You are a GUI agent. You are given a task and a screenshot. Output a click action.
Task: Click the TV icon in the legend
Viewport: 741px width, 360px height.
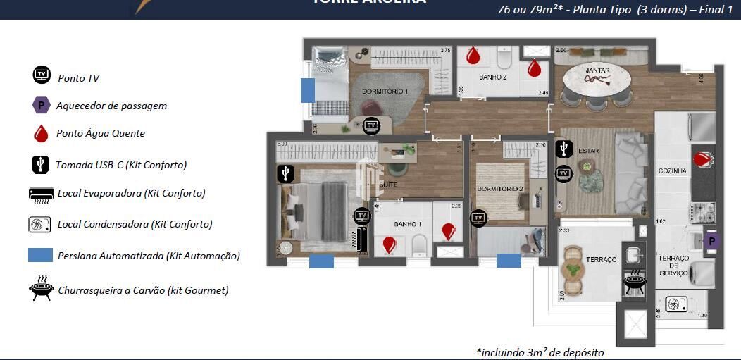[x=42, y=75]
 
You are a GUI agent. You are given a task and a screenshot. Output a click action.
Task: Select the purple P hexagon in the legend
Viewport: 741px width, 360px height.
[x=42, y=105]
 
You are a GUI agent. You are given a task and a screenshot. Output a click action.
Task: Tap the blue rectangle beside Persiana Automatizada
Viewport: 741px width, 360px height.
[x=41, y=255]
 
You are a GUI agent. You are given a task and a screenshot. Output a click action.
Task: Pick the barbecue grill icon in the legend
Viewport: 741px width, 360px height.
[x=42, y=288]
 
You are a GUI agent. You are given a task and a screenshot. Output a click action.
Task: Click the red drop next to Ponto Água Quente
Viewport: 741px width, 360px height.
[x=42, y=133]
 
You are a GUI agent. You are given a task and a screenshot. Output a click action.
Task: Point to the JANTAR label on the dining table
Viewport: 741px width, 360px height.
[x=597, y=70]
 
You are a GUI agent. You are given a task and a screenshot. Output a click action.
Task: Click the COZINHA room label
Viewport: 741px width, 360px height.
[x=672, y=170]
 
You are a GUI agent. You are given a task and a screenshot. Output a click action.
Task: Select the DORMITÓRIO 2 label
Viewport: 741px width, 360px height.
[x=499, y=189]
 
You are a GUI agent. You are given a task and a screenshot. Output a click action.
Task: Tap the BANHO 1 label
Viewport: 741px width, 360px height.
[x=407, y=224]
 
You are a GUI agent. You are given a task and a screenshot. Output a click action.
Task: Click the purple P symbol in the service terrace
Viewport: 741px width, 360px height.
[x=711, y=242]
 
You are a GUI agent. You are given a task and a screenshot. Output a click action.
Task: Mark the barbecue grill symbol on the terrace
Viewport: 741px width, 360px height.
[x=635, y=282]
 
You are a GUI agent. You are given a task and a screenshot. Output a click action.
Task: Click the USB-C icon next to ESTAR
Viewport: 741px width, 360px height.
[x=563, y=149]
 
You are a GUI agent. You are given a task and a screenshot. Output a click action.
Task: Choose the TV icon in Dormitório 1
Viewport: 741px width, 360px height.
[x=371, y=126]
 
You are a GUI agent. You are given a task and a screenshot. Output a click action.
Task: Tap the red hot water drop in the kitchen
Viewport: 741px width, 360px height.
[x=702, y=159]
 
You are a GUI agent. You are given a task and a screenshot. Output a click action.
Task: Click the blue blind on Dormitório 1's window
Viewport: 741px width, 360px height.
[x=307, y=90]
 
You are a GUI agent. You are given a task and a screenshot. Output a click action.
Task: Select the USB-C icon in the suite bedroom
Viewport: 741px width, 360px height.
[x=285, y=173]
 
